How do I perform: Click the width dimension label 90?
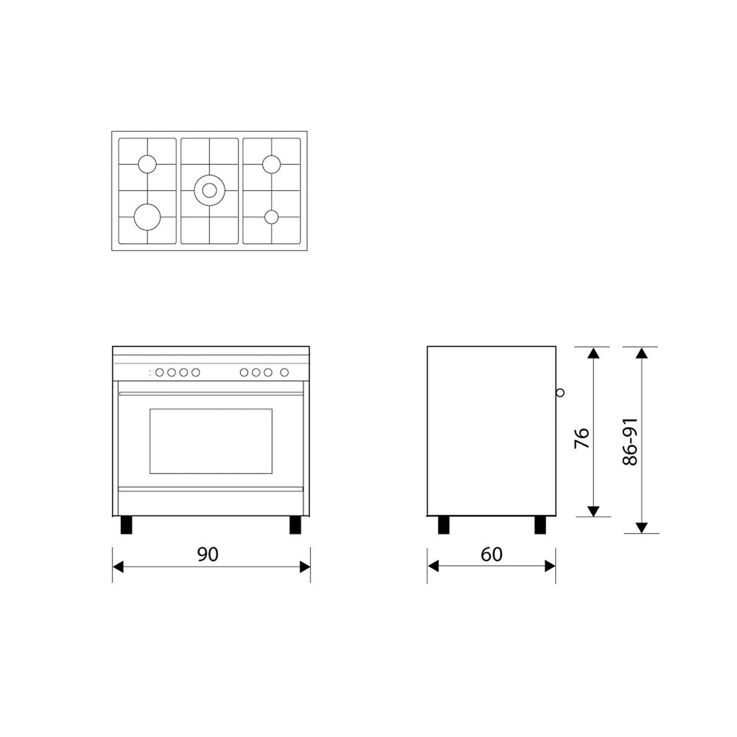click(208, 554)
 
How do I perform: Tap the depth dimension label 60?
click(492, 554)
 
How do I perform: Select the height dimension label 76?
click(582, 438)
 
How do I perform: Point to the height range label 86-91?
click(630, 441)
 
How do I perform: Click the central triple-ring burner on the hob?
click(209, 191)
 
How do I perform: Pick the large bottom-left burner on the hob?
click(147, 217)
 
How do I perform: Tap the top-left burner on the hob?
click(147, 164)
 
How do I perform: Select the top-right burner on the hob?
click(271, 164)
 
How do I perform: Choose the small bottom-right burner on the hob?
click(271, 217)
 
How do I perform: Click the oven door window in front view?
click(211, 441)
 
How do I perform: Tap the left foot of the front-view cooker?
click(126, 525)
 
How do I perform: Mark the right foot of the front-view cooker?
click(296, 525)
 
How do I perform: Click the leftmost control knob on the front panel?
click(159, 372)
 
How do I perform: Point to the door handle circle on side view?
click(560, 392)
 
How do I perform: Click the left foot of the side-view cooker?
click(444, 525)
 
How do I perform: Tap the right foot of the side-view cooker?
click(540, 525)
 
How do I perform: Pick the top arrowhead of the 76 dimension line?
click(594, 353)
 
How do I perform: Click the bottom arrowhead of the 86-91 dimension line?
click(643, 528)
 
